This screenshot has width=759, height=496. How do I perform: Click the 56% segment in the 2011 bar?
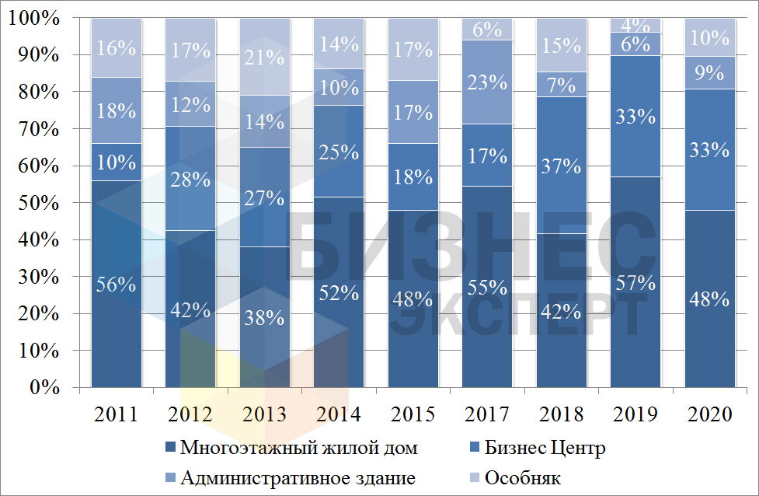pos(117,284)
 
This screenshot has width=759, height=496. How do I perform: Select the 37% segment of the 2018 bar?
pos(562,166)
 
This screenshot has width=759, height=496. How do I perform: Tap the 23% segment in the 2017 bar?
pos(487,82)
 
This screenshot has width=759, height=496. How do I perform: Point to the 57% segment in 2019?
pos(635,281)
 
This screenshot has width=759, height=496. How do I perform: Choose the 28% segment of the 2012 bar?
pos(191,180)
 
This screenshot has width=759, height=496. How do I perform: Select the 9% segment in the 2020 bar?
pos(710,73)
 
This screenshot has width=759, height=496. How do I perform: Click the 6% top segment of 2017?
pos(487,29)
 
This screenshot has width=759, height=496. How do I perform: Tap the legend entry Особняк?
pos(522,477)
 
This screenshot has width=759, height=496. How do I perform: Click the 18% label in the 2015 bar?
pos(413,176)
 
